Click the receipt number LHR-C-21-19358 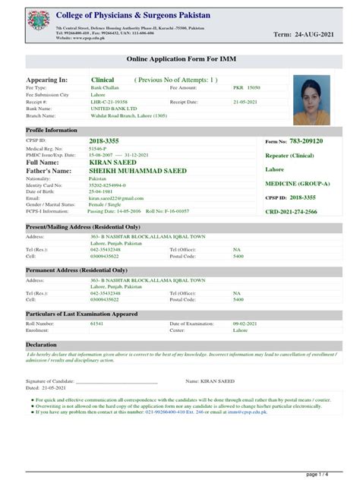pos(109,102)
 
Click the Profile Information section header pos(52,131)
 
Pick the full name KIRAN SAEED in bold pos(114,163)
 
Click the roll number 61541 pos(96,324)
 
